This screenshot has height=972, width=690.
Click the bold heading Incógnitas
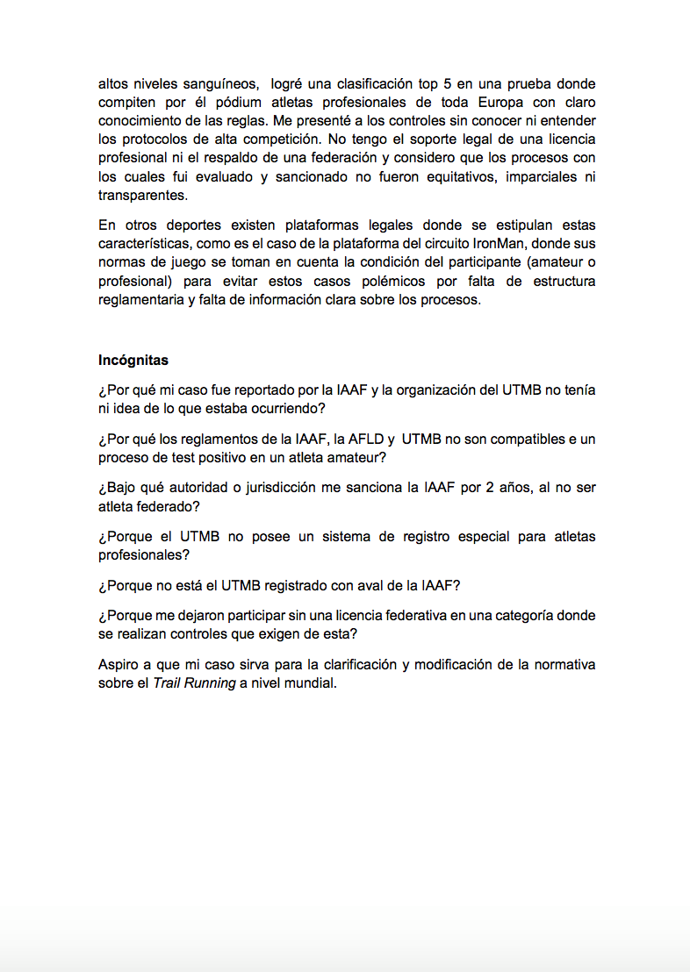click(x=133, y=361)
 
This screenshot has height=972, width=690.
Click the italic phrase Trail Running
click(x=194, y=683)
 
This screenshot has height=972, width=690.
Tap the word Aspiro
click(x=119, y=664)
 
